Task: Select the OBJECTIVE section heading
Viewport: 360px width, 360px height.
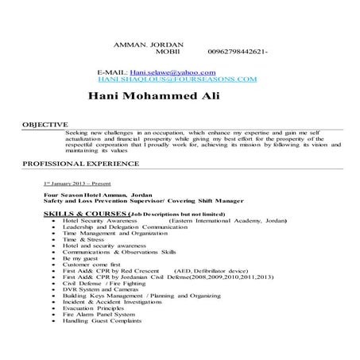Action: (x=45, y=125)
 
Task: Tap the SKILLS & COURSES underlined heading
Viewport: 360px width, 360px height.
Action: (x=85, y=215)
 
